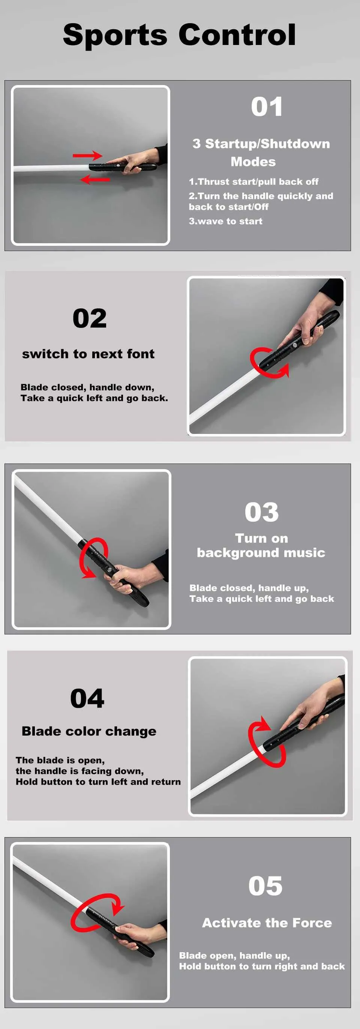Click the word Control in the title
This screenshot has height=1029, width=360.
237,35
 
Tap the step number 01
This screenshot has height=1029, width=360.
267,107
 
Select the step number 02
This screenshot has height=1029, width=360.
90,318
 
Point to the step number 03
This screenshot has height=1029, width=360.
262,512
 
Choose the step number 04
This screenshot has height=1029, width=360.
87,698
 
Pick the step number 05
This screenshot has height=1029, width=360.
265,885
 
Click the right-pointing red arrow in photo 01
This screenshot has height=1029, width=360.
87,156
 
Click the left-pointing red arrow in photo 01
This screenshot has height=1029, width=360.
95,180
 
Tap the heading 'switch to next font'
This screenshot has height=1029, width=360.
88,354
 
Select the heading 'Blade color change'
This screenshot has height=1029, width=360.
89,731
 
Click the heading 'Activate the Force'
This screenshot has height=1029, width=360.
267,923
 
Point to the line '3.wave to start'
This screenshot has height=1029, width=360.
226,221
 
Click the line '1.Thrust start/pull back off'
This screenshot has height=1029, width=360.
254,182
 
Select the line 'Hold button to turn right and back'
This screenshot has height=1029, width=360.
262,966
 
